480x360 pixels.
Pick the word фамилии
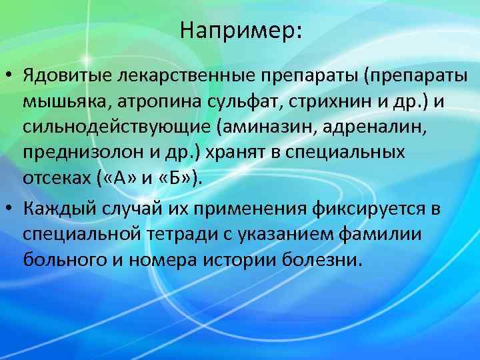click(x=380, y=233)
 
